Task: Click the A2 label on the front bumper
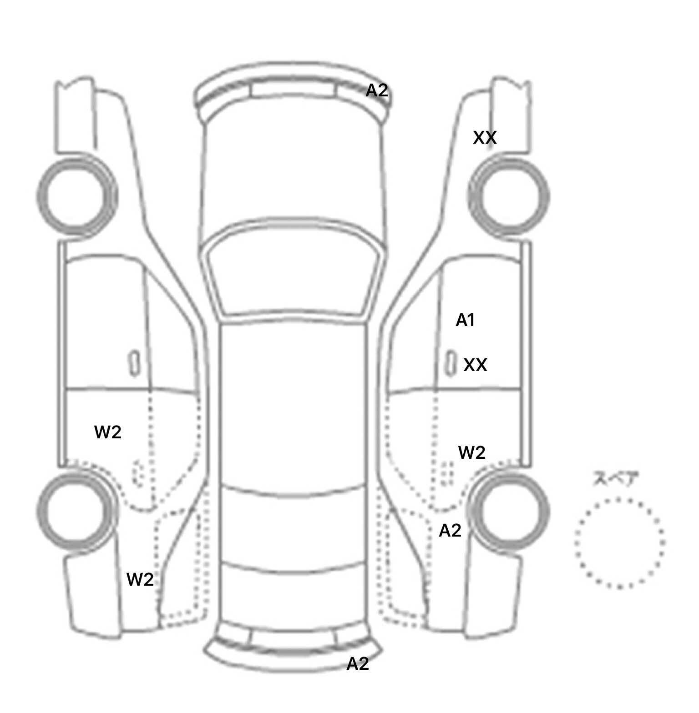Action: (377, 91)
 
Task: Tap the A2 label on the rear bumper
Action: (358, 664)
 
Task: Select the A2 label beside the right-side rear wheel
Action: (450, 531)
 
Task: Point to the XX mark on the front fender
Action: (485, 137)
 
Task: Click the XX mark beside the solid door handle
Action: (475, 365)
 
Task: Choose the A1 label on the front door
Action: (465, 321)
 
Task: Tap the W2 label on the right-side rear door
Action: (472, 452)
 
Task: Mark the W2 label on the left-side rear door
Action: (108, 432)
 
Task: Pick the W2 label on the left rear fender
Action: (140, 579)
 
